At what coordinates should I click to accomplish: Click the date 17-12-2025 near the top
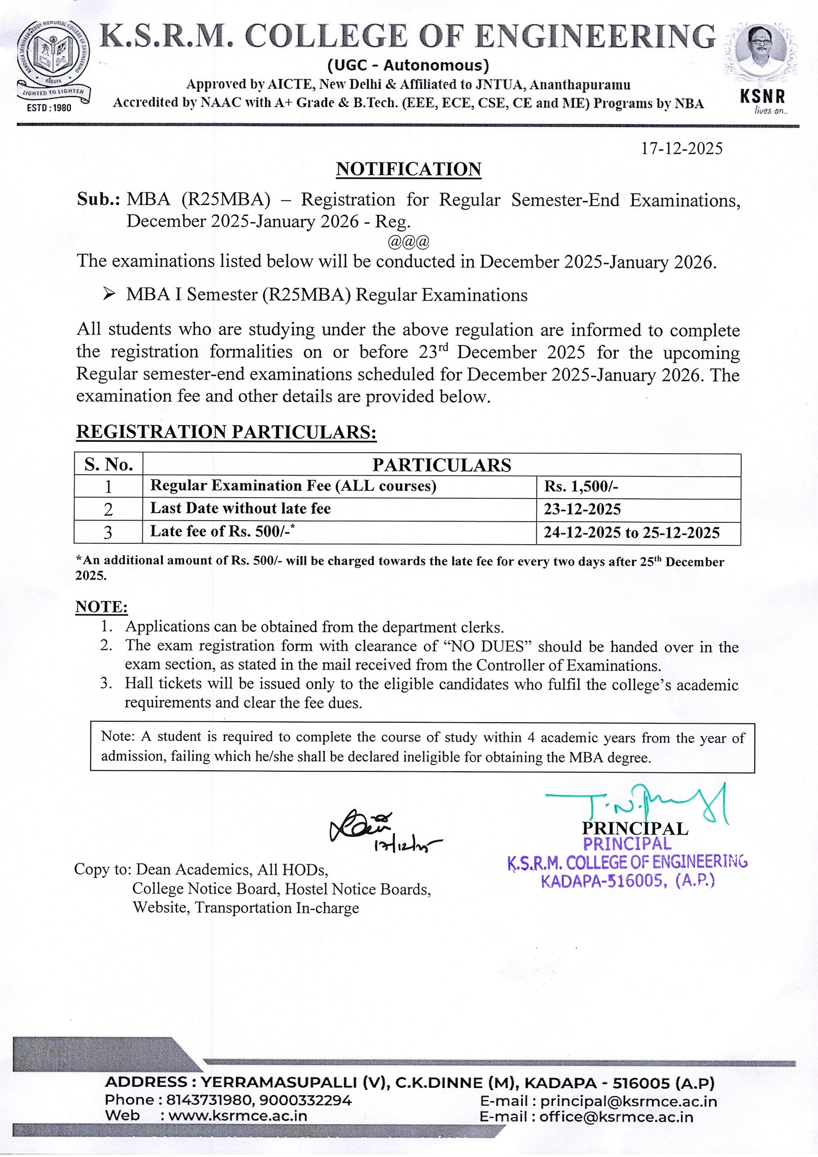[681, 149]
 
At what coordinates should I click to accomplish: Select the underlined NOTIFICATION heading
[408, 169]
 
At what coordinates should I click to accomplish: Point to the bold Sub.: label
[98, 199]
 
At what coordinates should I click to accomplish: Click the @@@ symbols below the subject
[408, 240]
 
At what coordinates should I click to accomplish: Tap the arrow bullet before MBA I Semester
[108, 294]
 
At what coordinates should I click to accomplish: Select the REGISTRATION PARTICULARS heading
[226, 432]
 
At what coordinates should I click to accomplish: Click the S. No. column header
[108, 464]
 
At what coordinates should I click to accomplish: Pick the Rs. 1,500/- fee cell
[581, 486]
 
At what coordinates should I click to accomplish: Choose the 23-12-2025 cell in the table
[582, 509]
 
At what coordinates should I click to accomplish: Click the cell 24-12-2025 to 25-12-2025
[631, 533]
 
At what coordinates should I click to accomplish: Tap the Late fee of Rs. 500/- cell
[223, 531]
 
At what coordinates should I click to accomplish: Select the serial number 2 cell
[108, 509]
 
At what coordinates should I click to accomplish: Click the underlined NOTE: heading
[101, 607]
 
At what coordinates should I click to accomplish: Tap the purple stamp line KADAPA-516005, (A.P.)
[627, 881]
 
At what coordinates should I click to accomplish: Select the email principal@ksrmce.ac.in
[628, 1101]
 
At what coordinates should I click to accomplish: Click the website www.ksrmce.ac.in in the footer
[238, 1116]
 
